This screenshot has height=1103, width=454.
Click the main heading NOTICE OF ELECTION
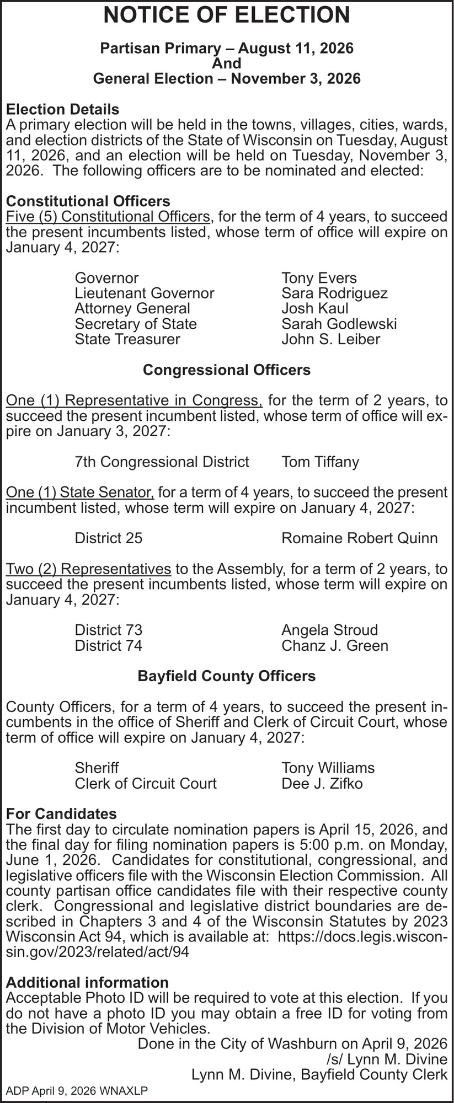pos(227,15)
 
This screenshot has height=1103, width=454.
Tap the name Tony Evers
pos(319,278)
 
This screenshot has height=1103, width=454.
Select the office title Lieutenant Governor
pos(145,293)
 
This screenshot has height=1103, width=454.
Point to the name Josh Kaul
pos(314,308)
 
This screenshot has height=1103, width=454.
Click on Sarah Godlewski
pos(339,324)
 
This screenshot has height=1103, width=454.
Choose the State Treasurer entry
pos(127,339)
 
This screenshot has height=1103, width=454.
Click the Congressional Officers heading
pos(227,370)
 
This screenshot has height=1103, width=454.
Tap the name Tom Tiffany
pos(320,462)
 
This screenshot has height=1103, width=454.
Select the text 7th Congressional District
pos(162,462)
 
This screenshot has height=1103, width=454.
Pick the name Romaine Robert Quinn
pos(359,538)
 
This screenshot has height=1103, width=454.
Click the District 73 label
pos(109,630)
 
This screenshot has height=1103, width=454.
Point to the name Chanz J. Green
pos(334,645)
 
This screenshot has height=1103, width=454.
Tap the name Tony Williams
pos(328,768)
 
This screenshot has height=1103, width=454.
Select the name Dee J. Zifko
pos(322,783)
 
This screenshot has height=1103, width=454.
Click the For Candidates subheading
pos(61,813)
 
